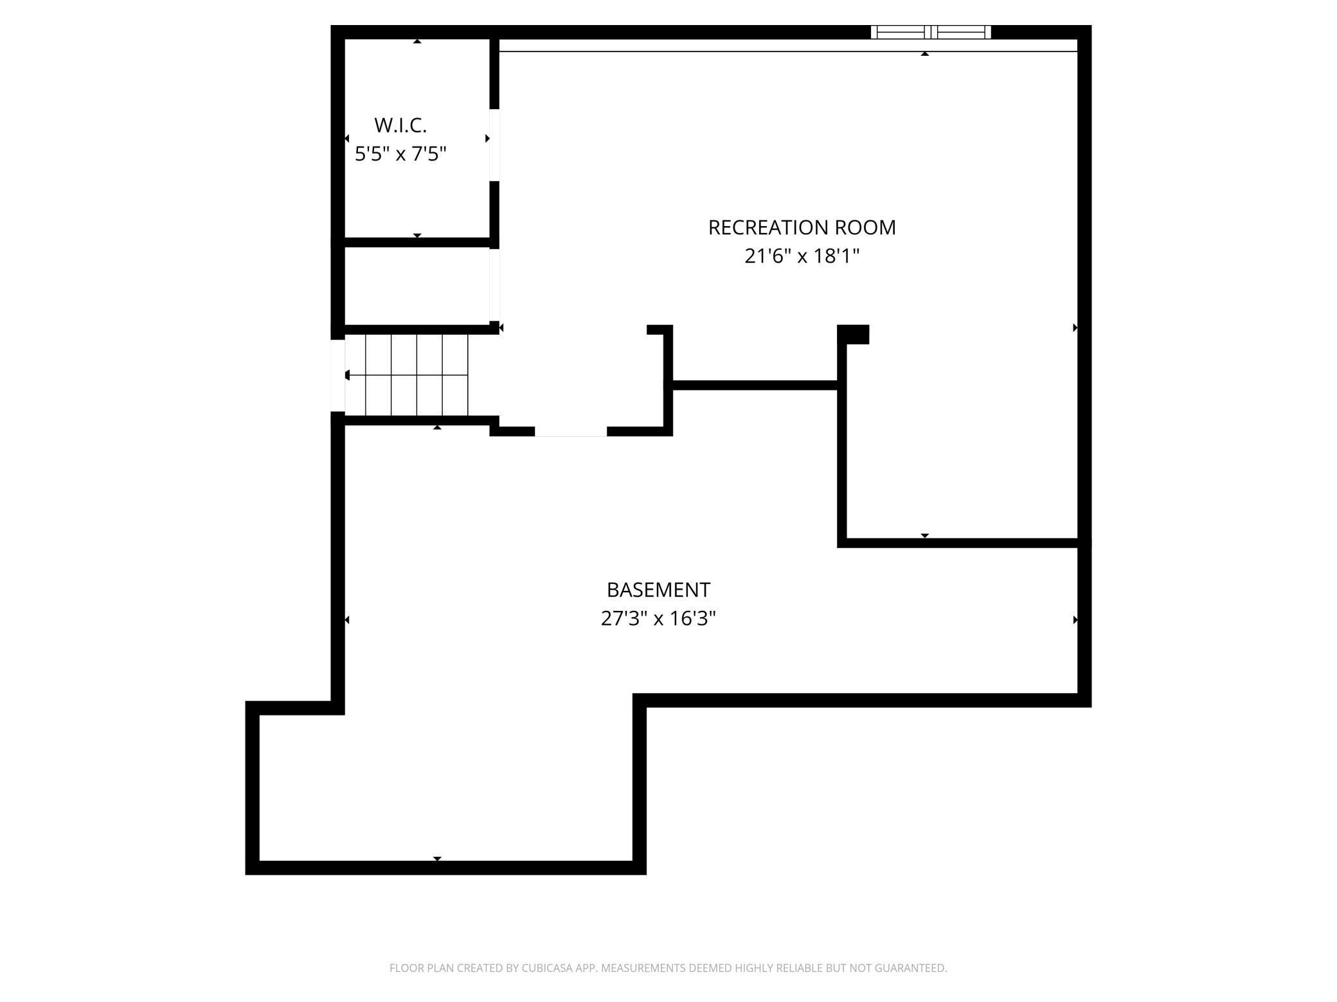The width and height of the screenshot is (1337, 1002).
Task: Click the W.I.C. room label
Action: (400, 125)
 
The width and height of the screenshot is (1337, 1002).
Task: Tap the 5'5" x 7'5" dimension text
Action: (400, 154)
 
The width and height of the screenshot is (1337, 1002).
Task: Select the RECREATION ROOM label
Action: (802, 227)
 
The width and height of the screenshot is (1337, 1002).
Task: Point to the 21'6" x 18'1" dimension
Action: (802, 256)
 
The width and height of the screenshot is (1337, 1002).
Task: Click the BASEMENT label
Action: (658, 590)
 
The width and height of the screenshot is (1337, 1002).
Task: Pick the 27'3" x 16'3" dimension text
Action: (658, 619)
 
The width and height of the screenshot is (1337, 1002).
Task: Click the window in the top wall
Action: (930, 32)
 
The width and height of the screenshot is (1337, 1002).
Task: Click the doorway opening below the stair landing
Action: (571, 432)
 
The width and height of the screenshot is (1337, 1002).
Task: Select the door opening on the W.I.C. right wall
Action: (494, 145)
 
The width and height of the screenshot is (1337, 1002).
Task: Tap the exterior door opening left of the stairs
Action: (337, 375)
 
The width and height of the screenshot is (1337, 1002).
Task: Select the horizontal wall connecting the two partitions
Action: (755, 385)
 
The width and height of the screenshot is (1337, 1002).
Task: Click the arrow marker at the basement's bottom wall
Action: (437, 859)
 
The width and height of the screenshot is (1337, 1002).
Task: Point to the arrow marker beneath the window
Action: (925, 54)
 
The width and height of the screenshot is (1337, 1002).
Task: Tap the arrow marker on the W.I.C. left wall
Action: (347, 139)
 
